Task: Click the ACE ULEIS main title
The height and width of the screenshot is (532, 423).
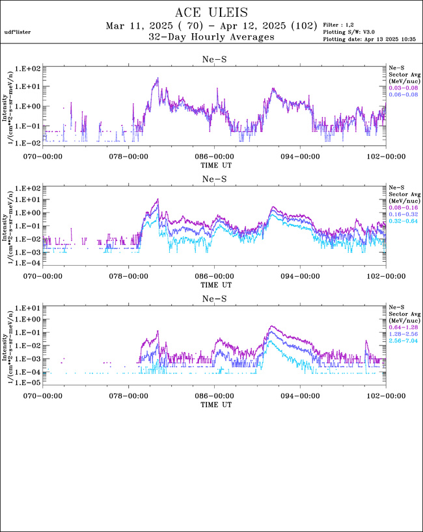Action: pyautogui.click(x=211, y=12)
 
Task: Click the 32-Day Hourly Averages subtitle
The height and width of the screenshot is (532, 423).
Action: pyautogui.click(x=211, y=37)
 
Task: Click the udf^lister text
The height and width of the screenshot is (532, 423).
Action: pyautogui.click(x=18, y=31)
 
